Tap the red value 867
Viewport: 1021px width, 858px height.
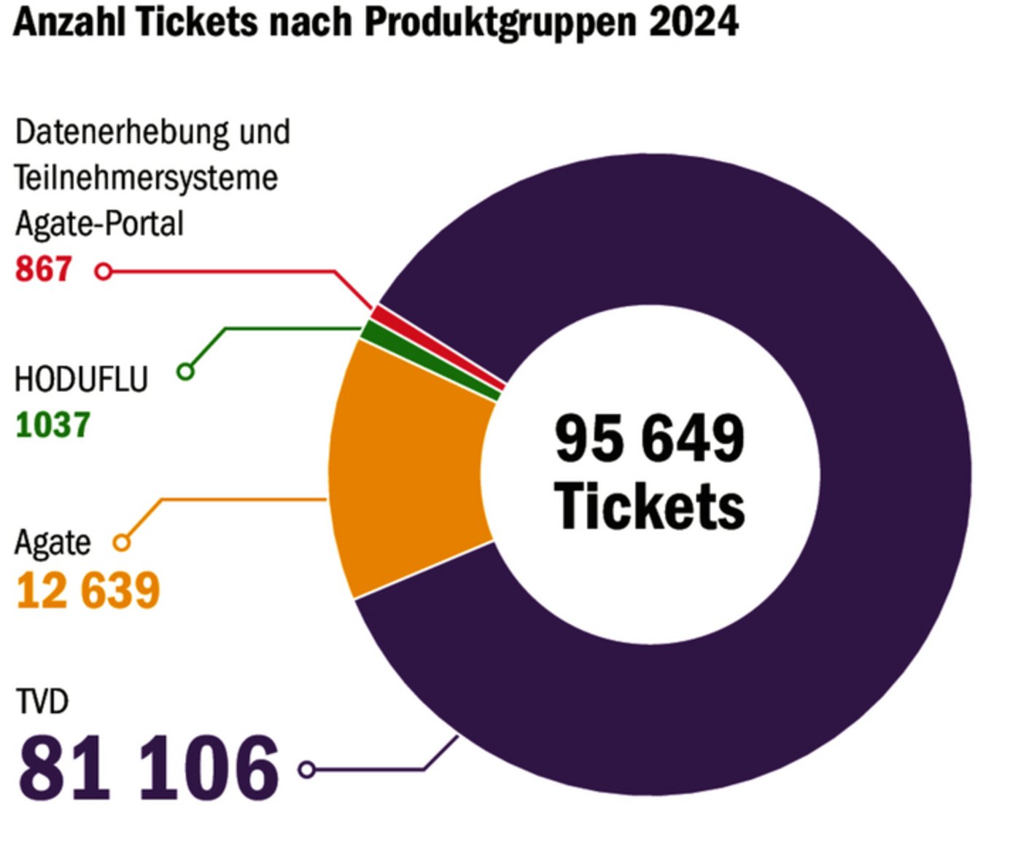click(x=44, y=269)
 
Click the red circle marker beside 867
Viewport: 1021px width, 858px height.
click(x=104, y=272)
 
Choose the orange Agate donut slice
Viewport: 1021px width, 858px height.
click(x=408, y=467)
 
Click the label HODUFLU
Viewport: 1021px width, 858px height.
click(x=81, y=380)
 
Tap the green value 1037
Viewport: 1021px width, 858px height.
click(x=53, y=425)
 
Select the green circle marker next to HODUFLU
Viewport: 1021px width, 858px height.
click(x=186, y=372)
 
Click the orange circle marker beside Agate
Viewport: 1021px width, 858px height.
click(x=122, y=543)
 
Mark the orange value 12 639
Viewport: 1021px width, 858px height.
click(x=88, y=590)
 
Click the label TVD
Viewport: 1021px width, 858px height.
click(x=42, y=702)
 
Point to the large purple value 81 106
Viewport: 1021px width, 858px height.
click(x=149, y=768)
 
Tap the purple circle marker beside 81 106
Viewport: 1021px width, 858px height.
click(x=307, y=770)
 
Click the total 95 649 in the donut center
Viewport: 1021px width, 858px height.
click(x=649, y=439)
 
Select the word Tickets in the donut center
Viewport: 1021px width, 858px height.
click(x=649, y=506)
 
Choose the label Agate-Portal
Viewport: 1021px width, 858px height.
click(x=99, y=224)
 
